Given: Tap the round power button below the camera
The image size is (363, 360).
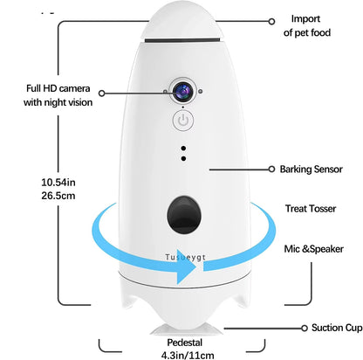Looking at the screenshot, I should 182,120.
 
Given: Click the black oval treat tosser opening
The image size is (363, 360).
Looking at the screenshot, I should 181,212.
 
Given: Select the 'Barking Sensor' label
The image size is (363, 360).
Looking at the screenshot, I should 312,169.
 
